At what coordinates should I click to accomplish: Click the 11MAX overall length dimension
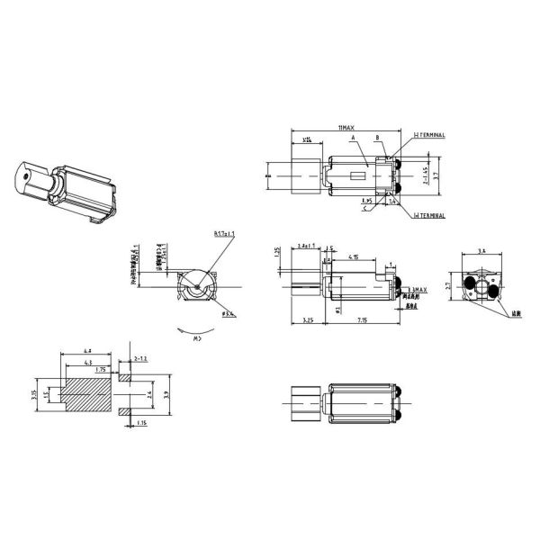point(346,129)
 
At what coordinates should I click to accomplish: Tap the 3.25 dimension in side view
point(308,320)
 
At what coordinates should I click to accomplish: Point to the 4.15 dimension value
point(357,258)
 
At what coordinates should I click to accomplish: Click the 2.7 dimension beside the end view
point(449,289)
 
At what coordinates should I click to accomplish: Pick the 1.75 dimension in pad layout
point(99,369)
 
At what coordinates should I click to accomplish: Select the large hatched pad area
point(90,394)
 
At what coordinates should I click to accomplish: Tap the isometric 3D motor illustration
point(63,190)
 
